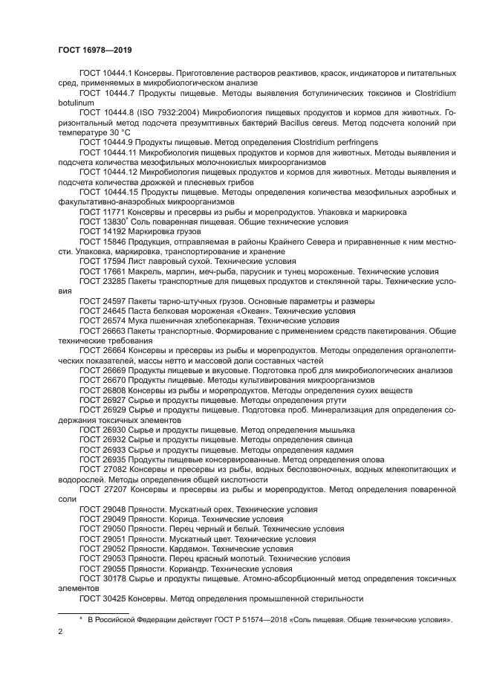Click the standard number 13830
coord(114,222)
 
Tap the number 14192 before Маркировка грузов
coord(114,231)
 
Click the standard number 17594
coord(114,262)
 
